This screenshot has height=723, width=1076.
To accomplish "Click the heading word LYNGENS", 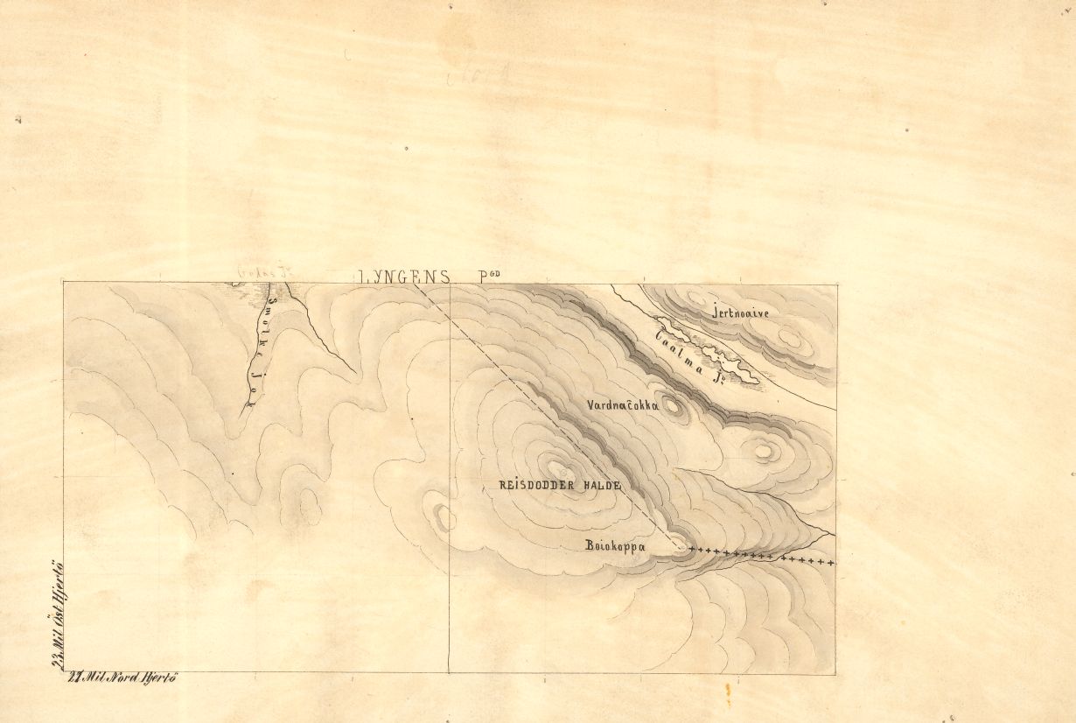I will coord(404,277).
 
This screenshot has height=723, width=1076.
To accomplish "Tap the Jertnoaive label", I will coord(740,312).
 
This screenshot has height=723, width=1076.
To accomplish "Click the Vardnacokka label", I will coord(623,405).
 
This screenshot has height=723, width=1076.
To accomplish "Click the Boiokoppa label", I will coord(615,546).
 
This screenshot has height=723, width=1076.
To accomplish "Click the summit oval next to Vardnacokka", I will coord(672,404).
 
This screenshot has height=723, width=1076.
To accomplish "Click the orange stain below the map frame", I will coord(728,692).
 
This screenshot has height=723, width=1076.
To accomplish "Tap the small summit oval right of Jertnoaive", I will coord(790,337).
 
